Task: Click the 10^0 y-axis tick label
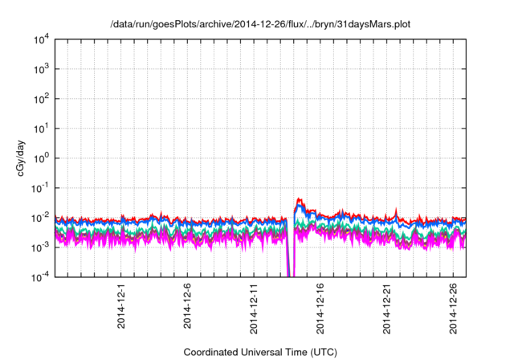[x=44, y=158]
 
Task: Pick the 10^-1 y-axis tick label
[x=43, y=187]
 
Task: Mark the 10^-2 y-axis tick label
[x=43, y=217]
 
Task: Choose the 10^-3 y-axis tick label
[x=43, y=247]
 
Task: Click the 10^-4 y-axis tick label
[x=43, y=276]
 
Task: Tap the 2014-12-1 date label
[x=120, y=305]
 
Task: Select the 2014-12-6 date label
[x=187, y=305]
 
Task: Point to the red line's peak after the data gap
[x=299, y=198]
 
